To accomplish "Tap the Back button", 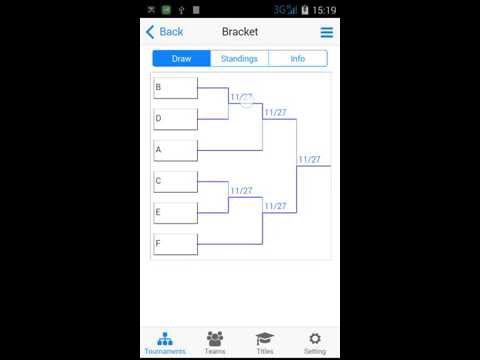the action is pyautogui.click(x=165, y=32).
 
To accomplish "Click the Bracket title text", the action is pyautogui.click(x=240, y=32).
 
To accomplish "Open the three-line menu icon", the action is pyautogui.click(x=326, y=32).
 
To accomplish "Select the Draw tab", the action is pyautogui.click(x=181, y=59).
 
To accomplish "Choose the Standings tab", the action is pyautogui.click(x=239, y=59).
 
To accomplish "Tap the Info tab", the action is pyautogui.click(x=298, y=59).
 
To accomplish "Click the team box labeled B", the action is pyautogui.click(x=175, y=88).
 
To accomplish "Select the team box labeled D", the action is pyautogui.click(x=175, y=119).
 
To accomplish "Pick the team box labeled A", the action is pyautogui.click(x=175, y=150).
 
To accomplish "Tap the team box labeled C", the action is pyautogui.click(x=175, y=181).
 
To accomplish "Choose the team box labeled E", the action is pyautogui.click(x=175, y=213).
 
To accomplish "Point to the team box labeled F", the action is pyautogui.click(x=175, y=244).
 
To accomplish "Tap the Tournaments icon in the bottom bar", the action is pyautogui.click(x=165, y=341).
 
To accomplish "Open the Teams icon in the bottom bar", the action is pyautogui.click(x=215, y=341).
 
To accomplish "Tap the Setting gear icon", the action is pyautogui.click(x=315, y=341).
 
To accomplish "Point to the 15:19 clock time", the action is pyautogui.click(x=324, y=9).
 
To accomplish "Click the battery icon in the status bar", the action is pyautogui.click(x=305, y=9).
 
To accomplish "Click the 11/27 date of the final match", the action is pyautogui.click(x=309, y=159).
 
